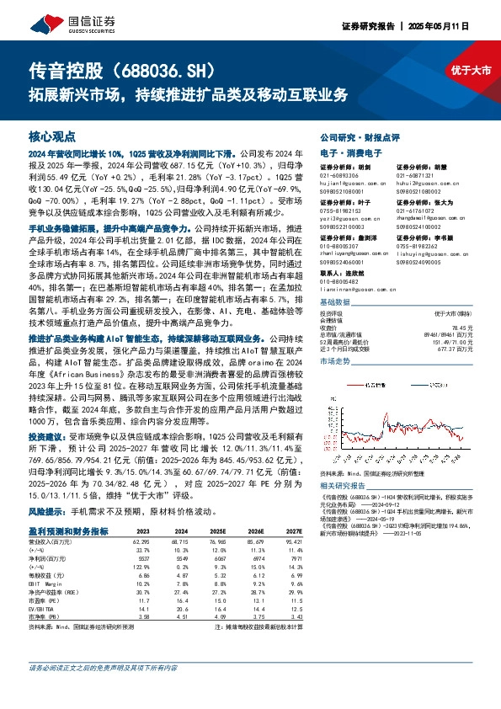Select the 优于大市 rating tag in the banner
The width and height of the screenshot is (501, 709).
(x=472, y=72)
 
